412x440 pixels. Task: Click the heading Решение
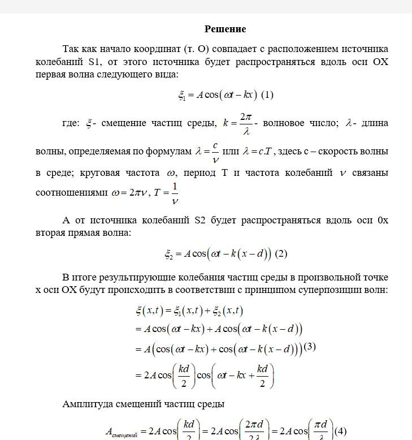pyautogui.click(x=225, y=29)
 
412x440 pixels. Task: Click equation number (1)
pyautogui.click(x=268, y=95)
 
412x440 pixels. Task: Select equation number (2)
pyautogui.click(x=281, y=254)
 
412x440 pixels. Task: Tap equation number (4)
pyautogui.click(x=340, y=431)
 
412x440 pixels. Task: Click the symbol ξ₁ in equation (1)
pyautogui.click(x=182, y=96)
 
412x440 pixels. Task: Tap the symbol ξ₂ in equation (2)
pyautogui.click(x=168, y=254)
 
